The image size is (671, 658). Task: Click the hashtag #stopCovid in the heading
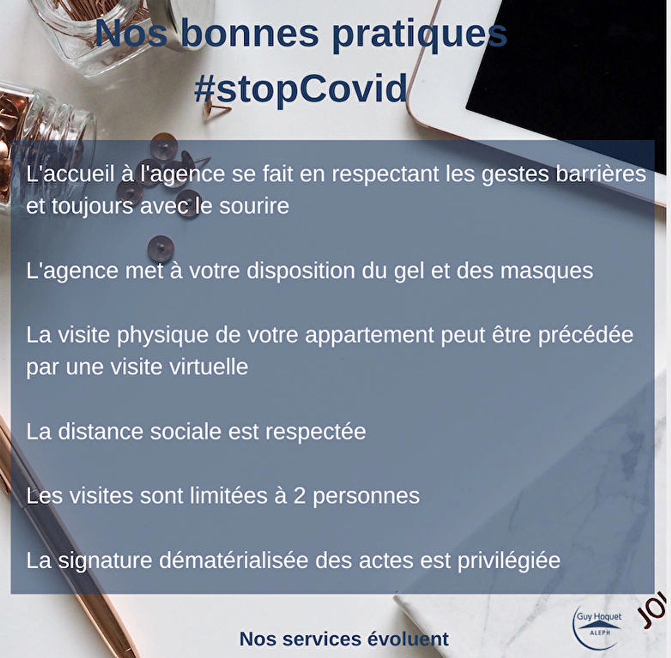click(301, 89)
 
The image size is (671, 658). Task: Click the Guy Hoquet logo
click(599, 628)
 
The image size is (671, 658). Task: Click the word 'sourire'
click(254, 206)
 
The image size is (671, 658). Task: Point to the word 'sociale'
click(185, 432)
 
